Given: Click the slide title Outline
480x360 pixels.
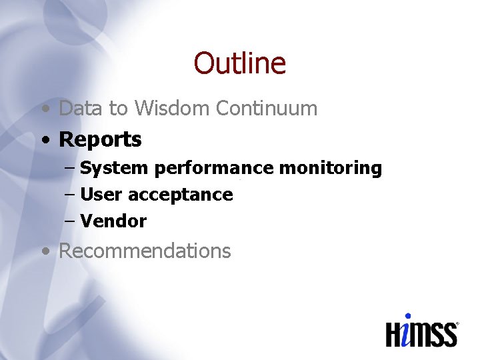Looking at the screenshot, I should click(239, 63).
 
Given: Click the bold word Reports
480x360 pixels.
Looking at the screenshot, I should click(100, 139).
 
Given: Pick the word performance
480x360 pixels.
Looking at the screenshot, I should click(213, 168).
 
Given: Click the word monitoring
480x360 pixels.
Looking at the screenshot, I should click(330, 168).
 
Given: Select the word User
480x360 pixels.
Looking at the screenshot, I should click(101, 195).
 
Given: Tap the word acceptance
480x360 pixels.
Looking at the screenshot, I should click(180, 195).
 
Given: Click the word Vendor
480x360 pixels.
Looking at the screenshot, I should click(113, 221).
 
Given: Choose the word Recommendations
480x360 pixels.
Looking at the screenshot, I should click(145, 251).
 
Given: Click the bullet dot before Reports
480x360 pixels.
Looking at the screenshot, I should click(45, 141).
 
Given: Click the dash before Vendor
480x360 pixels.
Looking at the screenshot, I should click(70, 221).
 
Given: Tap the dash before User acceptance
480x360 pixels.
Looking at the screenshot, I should click(70, 195).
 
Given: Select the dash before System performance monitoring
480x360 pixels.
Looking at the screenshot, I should click(70, 168).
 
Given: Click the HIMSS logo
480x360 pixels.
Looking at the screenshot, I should click(421, 331).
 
